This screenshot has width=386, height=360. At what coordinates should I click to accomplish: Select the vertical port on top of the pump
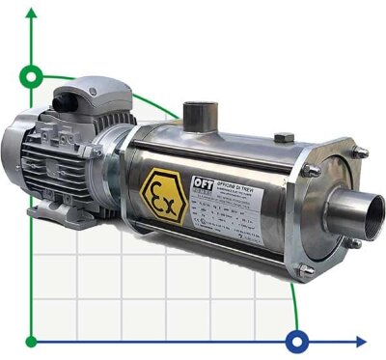[201, 113]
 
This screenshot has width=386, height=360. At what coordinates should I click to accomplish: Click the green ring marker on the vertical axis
[34, 75]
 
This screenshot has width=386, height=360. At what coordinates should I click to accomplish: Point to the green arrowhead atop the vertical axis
[34, 12]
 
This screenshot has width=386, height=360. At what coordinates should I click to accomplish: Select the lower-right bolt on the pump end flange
[358, 273]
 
